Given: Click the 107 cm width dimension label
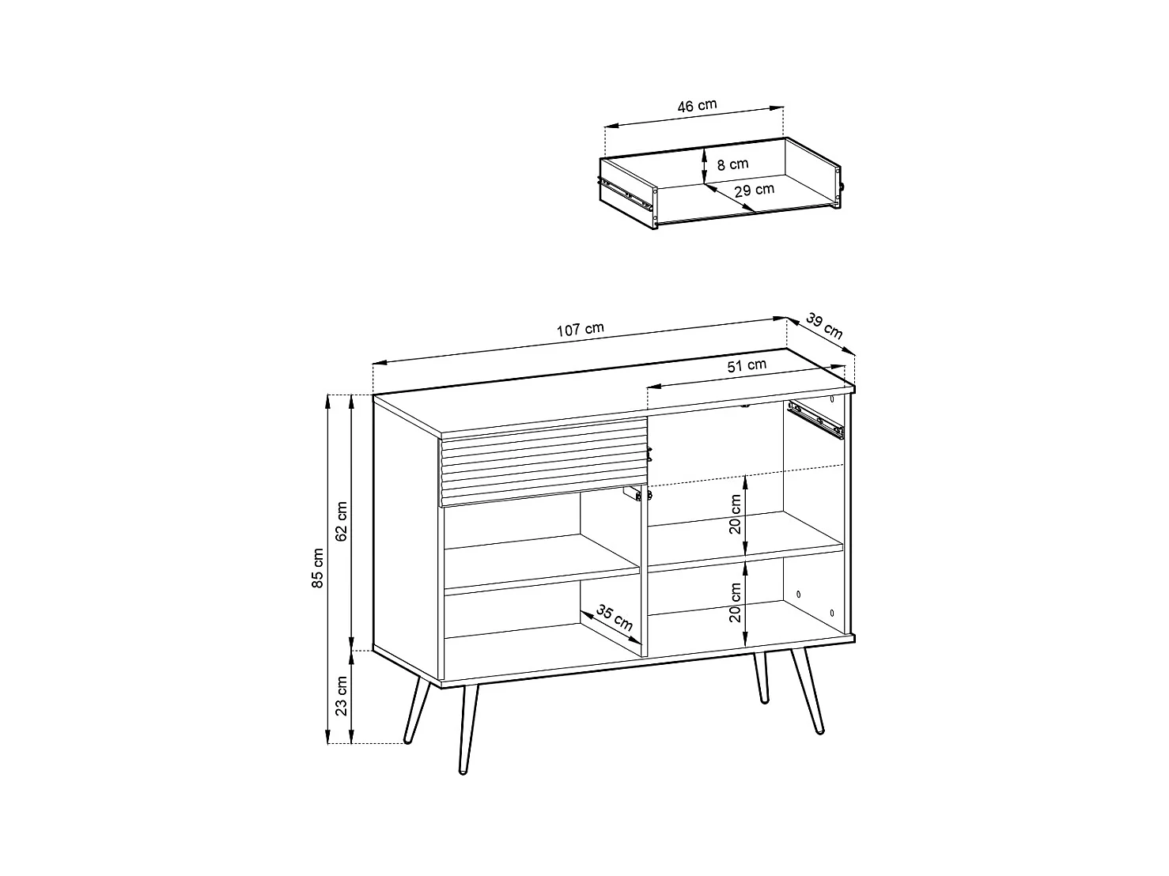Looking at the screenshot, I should [x=580, y=330].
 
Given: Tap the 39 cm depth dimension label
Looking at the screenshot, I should [x=824, y=325].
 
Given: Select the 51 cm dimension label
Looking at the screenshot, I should [x=747, y=365].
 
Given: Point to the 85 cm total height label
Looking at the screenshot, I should [x=317, y=568].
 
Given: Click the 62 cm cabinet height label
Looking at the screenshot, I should [x=342, y=521].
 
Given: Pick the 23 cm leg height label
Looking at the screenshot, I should [x=342, y=696].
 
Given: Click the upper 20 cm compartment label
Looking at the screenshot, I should [x=736, y=514].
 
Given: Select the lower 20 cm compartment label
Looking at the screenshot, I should [x=736, y=602].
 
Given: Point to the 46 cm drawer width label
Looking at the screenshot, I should [x=697, y=105].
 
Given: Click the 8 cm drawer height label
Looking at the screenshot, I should [x=732, y=164].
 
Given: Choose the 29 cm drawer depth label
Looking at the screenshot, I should [x=754, y=190].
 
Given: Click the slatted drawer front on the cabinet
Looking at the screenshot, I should [x=544, y=461].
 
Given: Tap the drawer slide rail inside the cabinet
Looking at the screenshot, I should [x=816, y=420].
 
